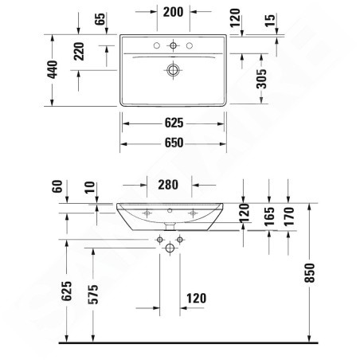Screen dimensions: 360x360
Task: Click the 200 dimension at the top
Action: point(173,12)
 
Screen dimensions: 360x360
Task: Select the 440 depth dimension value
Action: point(53,69)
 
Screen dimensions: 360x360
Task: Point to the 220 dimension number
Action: point(79,51)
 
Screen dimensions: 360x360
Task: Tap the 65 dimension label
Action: point(100,19)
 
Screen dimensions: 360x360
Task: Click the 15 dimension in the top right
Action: point(270,21)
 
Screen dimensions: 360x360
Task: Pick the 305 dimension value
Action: point(261,79)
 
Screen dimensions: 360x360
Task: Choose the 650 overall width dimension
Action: point(174,143)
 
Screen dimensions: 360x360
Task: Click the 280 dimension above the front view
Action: point(168,185)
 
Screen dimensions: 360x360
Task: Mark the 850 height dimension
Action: point(310,272)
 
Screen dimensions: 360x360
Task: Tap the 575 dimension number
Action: point(93,295)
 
